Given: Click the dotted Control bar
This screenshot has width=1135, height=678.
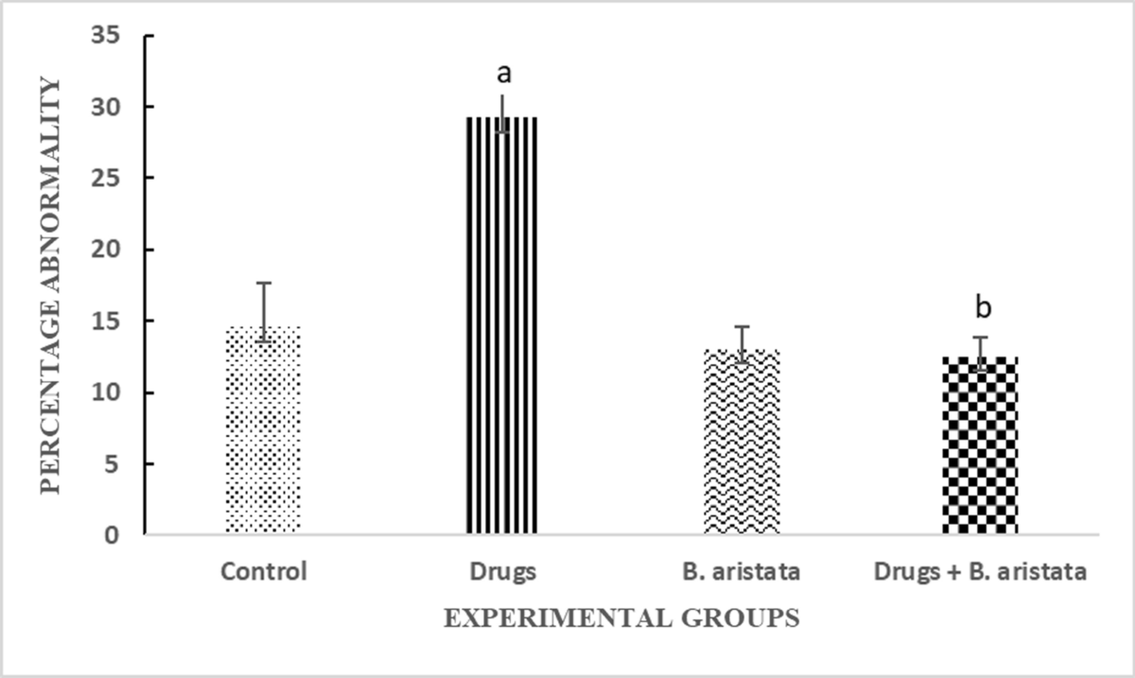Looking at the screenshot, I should pos(263,430).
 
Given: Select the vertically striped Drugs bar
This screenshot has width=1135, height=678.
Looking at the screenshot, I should pos(501,325).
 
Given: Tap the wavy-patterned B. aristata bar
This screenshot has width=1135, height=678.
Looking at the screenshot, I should pos(741,442).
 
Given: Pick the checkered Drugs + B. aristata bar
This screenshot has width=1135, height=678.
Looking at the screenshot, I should pos(979,444).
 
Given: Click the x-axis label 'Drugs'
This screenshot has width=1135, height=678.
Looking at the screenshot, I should pos(501,571).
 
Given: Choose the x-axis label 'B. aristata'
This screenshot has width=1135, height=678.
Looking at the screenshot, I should pos(741,571).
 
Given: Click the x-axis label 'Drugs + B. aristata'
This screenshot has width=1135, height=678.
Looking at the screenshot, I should pos(979,571).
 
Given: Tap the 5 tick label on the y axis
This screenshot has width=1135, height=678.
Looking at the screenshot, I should pos(122,463).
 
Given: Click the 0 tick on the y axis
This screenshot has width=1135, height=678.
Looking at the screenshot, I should pos(122,535).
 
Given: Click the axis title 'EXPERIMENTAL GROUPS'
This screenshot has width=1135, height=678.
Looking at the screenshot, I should pos(621,618).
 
